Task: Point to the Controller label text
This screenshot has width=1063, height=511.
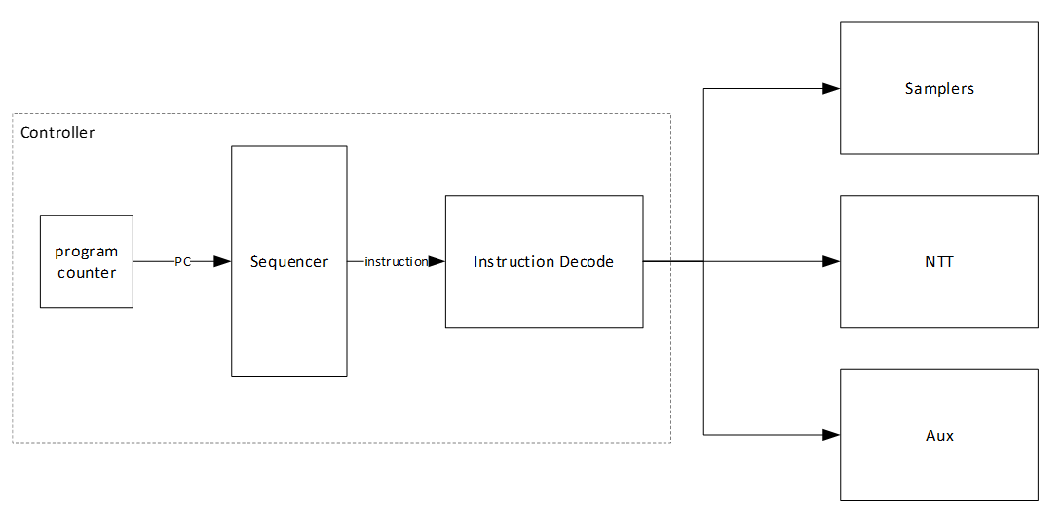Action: (x=57, y=132)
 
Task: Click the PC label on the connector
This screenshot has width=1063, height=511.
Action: (x=182, y=261)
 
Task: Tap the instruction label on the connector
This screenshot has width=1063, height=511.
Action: (x=396, y=261)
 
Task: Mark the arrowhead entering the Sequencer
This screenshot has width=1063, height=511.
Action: (x=222, y=261)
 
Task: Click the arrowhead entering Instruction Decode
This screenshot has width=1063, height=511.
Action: (x=437, y=261)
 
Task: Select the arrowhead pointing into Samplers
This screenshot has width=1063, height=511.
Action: (x=831, y=88)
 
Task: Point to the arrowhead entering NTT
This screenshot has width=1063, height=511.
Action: (x=831, y=261)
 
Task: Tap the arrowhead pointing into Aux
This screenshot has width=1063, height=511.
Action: (x=831, y=434)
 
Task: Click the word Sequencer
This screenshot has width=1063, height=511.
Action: (x=289, y=261)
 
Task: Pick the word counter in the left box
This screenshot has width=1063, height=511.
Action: (x=86, y=272)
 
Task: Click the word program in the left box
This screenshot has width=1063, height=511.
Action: (x=86, y=252)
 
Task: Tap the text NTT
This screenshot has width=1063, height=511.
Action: (x=939, y=261)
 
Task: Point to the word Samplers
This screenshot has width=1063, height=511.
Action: (x=939, y=88)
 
